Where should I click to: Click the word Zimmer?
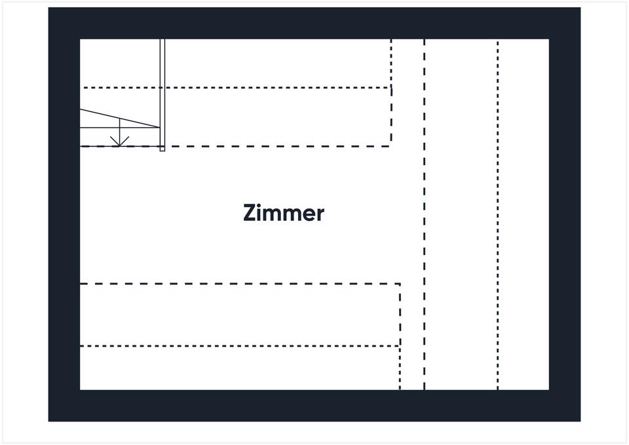[283, 214]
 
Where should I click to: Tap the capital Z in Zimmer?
[249, 214]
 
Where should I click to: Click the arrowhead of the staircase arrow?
[119, 142]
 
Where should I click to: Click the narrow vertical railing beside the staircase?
[162, 92]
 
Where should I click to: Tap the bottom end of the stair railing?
[162, 150]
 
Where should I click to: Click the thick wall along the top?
[314, 23]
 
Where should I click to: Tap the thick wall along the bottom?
[314, 406]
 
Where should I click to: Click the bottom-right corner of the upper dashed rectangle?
[391, 145]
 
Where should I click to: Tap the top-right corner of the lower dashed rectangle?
[400, 284]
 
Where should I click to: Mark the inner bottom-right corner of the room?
[548, 389]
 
